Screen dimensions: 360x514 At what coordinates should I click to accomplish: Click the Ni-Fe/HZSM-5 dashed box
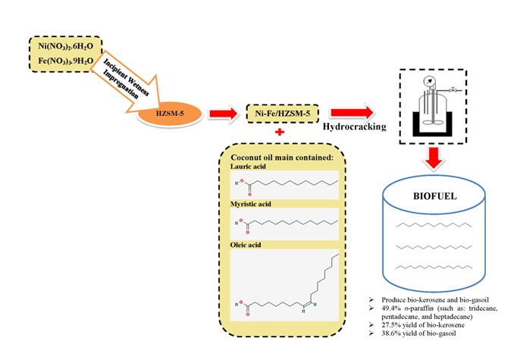pos(279,114)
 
